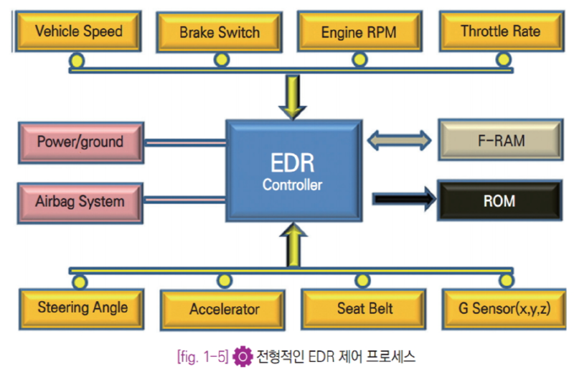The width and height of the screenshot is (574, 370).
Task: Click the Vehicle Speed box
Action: coord(79,31)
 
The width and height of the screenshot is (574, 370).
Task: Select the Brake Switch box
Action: coord(219,32)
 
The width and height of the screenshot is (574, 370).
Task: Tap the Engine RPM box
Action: coord(359,32)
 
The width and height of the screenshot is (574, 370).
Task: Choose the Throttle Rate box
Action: coord(500,31)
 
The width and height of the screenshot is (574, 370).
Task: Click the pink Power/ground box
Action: coord(80,142)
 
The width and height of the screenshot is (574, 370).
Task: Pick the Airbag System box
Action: coord(80,201)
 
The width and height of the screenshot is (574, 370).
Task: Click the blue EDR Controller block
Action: coord(292,172)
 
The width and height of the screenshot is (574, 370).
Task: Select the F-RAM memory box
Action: coord(499,140)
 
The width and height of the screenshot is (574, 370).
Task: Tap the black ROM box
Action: coord(499,200)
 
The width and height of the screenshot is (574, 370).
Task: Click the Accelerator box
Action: coord(224,310)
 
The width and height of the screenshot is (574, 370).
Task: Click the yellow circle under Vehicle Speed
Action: coord(77,60)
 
